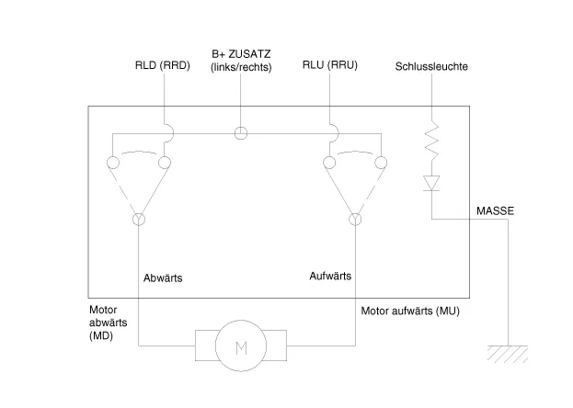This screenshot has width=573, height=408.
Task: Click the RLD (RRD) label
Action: (162, 66)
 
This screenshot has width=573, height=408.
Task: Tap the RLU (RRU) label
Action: (329, 66)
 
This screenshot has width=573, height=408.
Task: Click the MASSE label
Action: (495, 211)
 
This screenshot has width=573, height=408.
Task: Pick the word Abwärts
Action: (164, 277)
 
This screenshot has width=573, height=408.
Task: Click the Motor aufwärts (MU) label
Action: (410, 312)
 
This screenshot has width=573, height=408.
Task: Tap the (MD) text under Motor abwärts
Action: (103, 337)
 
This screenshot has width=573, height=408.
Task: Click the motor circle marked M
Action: (242, 346)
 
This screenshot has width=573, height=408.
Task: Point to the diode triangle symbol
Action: (430, 183)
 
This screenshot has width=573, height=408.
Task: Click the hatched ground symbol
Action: (506, 352)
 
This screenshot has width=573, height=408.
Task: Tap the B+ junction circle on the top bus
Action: (241, 132)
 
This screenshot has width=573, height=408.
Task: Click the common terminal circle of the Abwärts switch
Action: (139, 220)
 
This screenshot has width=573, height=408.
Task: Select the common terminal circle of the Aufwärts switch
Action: (356, 220)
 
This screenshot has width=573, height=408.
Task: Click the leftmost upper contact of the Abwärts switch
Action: (112, 164)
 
